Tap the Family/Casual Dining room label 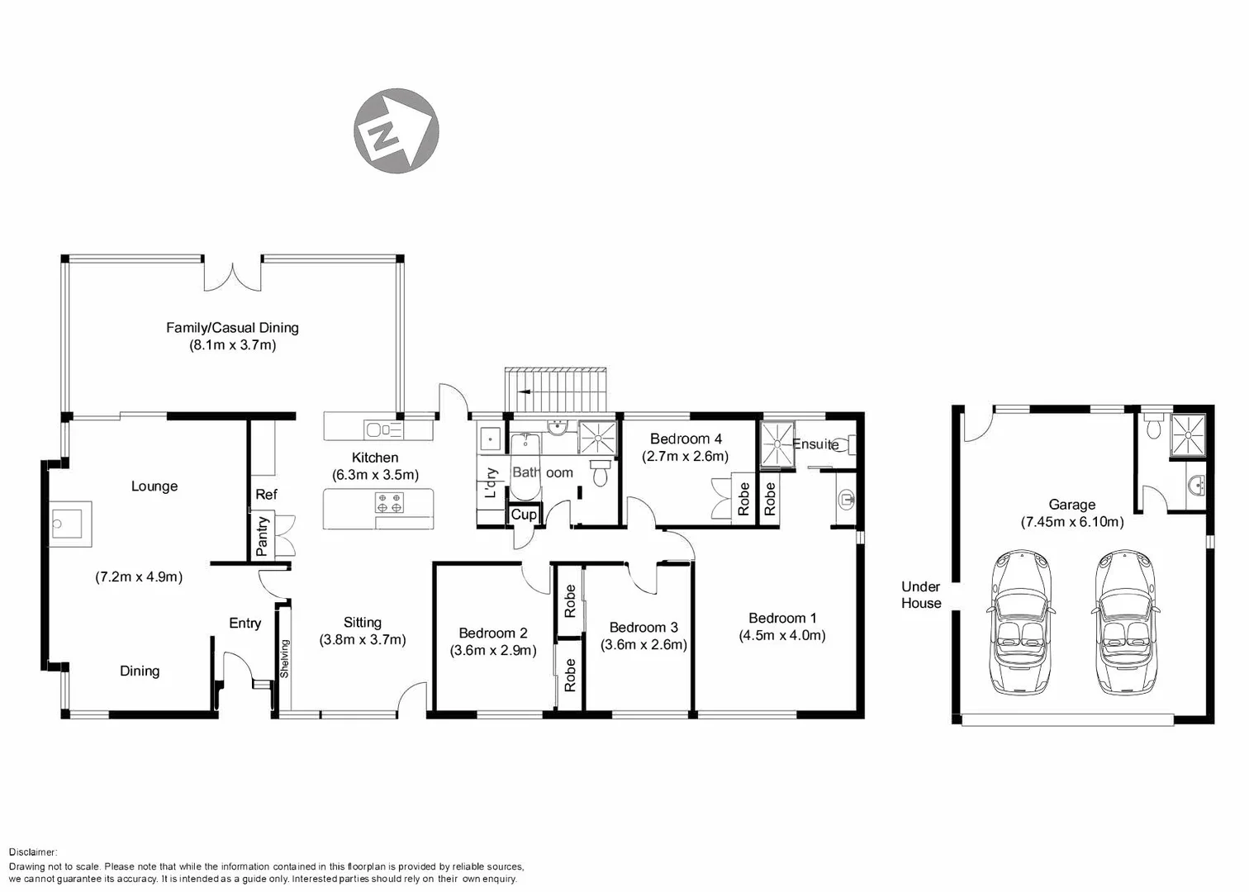232,328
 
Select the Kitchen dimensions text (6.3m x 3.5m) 375,475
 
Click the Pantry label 263,535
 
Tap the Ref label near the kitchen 266,495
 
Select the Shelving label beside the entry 284,659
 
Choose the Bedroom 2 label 492,633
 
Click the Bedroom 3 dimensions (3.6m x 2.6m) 643,645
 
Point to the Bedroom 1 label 782,618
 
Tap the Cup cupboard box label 524,515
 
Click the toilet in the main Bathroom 601,472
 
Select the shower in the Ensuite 776,444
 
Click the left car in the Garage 1021,623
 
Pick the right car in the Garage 1124,623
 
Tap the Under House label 921,595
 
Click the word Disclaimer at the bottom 33,852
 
